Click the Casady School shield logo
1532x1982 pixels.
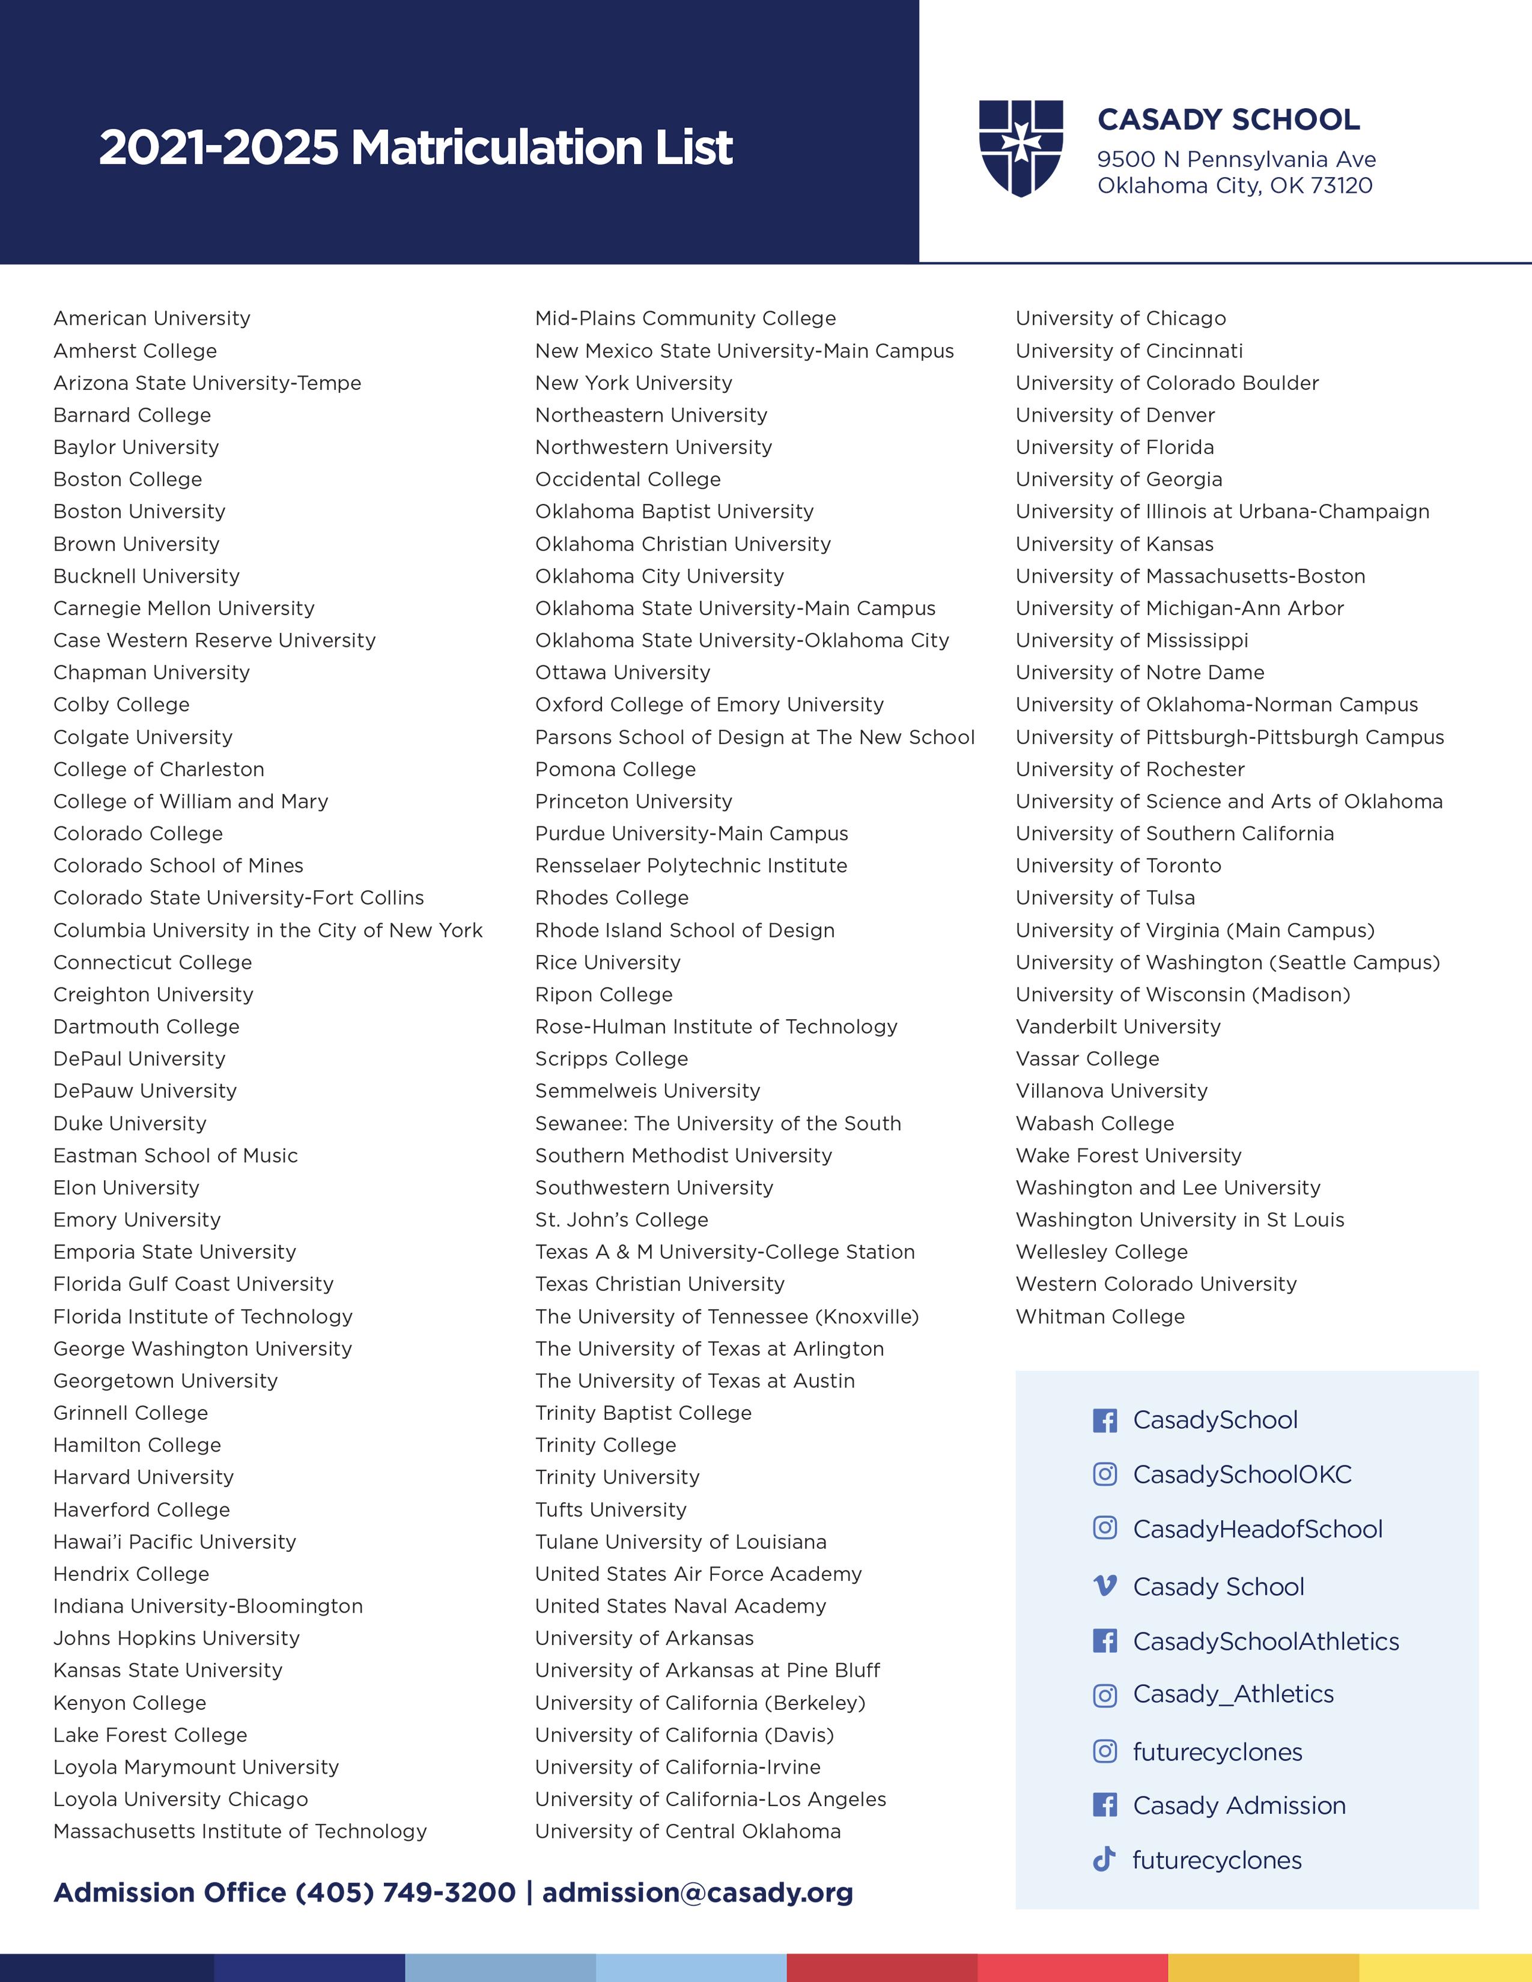(1020, 148)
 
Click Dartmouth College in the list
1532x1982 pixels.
(146, 1026)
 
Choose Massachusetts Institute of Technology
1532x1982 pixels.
(240, 1831)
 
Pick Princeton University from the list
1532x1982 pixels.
(633, 801)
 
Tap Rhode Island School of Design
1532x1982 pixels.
(684, 930)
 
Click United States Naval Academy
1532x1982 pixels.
(681, 1606)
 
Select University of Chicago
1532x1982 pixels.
(1121, 318)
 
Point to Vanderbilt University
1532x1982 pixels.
(1118, 1026)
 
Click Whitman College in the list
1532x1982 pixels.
(1100, 1317)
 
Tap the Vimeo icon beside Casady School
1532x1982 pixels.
(1104, 1586)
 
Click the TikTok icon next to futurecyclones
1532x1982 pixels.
(1104, 1859)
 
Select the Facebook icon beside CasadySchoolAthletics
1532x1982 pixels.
(1104, 1641)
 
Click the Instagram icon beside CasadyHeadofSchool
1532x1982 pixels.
(1104, 1529)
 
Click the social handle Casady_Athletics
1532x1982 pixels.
(1233, 1694)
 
